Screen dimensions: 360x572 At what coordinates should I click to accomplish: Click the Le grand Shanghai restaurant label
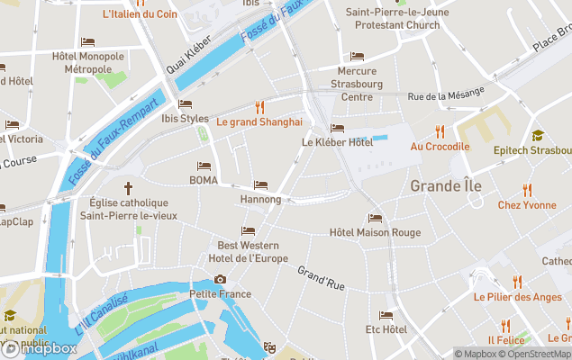point(259,121)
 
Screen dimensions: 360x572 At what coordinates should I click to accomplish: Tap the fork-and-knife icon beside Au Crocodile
point(440,131)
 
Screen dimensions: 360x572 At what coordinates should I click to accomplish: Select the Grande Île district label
point(445,186)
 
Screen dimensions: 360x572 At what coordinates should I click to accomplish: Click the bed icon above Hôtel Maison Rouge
point(375,218)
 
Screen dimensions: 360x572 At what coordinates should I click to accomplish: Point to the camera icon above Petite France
point(220,279)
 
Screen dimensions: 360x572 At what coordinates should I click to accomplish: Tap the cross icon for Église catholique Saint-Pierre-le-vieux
point(128,188)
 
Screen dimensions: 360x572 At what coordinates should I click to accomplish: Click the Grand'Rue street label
point(322,278)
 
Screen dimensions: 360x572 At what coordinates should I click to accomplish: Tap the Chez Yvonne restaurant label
point(527,205)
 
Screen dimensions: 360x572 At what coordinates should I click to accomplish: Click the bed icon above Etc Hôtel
point(386,315)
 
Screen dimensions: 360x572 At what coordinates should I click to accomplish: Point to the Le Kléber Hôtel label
point(337,142)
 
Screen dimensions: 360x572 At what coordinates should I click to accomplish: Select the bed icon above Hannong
point(260,184)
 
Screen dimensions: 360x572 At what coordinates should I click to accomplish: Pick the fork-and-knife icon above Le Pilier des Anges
point(517,282)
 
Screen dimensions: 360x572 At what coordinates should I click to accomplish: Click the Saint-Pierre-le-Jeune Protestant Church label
point(392,19)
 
